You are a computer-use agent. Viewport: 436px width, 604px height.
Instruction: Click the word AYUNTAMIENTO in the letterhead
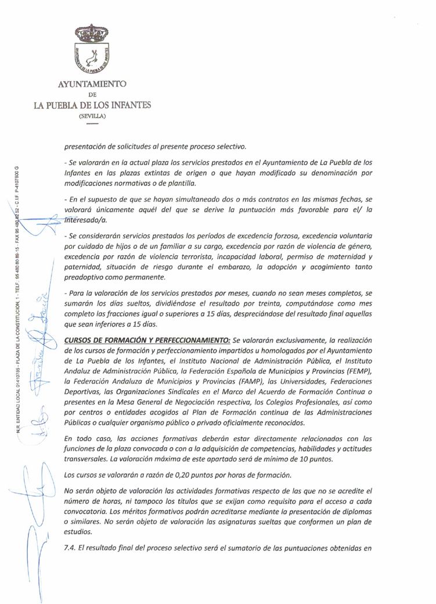(92, 85)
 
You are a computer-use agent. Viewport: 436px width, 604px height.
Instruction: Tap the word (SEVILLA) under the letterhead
(93, 116)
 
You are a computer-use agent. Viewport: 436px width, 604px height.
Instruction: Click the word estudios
(79, 531)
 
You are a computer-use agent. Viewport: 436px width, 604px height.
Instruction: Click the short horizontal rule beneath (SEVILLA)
(92, 123)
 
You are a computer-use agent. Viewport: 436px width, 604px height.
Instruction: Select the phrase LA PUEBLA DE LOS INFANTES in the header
(92, 105)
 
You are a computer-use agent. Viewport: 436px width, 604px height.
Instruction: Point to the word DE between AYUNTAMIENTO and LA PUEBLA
(92, 95)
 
